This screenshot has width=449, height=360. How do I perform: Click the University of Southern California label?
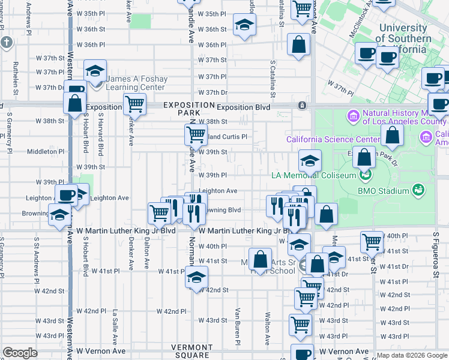pos(405,34)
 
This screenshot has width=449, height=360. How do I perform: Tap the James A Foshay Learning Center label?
pos(136,83)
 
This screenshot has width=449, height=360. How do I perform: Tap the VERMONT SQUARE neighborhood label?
pos(190,352)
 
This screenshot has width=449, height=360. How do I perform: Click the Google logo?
pos(20,353)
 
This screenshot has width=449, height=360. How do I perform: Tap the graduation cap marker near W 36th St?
pos(244,25)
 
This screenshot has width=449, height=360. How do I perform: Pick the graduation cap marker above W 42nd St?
pos(196,277)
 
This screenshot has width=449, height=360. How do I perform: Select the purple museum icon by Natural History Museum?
pos(353,115)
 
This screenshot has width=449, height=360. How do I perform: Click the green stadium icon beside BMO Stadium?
pos(418,190)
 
